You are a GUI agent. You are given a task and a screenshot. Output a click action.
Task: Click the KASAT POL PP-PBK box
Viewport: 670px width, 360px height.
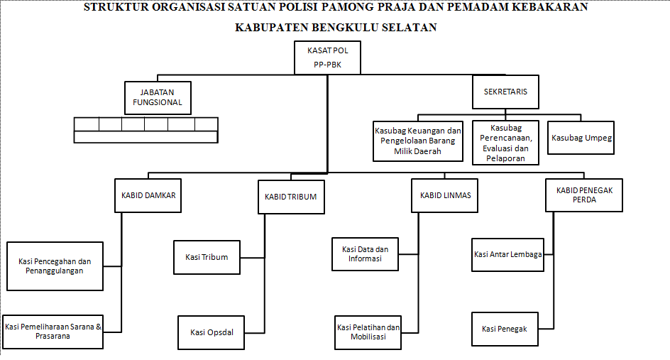(x=327, y=58)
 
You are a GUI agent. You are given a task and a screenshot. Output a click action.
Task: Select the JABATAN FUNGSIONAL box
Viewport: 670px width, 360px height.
(x=158, y=98)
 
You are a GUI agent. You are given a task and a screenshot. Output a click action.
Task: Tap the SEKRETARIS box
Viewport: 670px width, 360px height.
(x=505, y=92)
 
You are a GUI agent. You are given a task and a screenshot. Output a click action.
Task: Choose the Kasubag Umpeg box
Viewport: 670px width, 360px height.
(x=581, y=138)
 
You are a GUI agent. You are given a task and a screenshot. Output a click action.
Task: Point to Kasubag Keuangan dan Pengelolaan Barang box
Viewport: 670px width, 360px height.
(x=418, y=141)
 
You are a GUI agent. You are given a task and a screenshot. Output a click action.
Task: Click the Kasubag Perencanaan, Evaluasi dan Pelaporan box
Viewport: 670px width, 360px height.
(x=505, y=143)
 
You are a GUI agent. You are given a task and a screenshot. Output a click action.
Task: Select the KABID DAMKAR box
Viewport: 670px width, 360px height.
(x=148, y=195)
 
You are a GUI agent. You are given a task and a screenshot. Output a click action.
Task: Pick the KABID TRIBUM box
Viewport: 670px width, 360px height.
(x=291, y=197)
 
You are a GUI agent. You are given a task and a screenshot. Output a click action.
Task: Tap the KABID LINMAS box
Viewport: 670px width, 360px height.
(x=444, y=195)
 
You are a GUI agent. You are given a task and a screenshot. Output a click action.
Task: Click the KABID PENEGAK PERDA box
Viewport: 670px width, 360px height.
(x=584, y=195)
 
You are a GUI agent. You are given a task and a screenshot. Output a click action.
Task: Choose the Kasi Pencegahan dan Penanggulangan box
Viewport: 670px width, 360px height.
(x=55, y=266)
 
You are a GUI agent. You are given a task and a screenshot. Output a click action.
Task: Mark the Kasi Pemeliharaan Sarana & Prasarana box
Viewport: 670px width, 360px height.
(x=53, y=332)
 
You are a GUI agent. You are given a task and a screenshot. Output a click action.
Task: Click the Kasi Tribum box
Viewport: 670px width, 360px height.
(x=207, y=257)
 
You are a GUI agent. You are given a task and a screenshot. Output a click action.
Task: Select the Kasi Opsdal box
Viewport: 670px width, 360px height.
(x=211, y=332)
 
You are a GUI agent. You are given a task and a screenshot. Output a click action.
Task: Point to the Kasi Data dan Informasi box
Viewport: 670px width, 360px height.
(x=365, y=254)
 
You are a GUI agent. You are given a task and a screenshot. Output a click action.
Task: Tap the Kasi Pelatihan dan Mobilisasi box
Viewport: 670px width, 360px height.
(x=368, y=332)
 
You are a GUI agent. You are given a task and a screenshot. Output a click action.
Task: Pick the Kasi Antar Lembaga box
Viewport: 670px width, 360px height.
(x=507, y=255)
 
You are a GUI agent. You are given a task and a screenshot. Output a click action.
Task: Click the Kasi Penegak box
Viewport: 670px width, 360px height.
(x=505, y=329)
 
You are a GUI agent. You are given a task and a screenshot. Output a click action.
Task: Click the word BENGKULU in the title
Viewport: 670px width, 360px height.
(x=345, y=28)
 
